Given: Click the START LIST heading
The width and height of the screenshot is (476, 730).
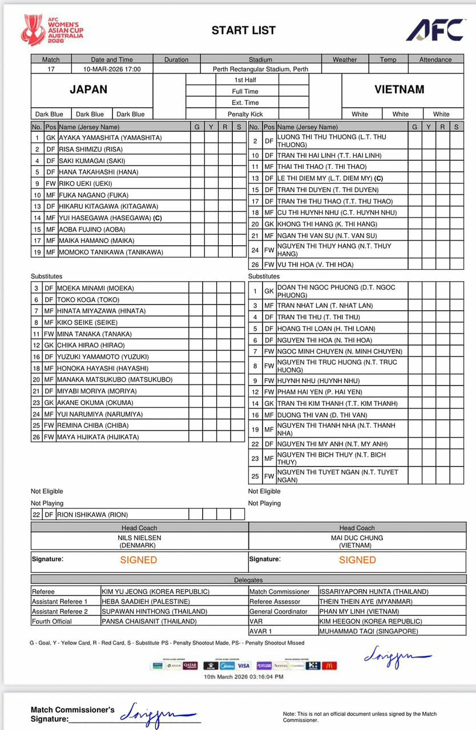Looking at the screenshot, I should tap(243, 31).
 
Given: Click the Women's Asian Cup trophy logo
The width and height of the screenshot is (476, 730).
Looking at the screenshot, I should tap(33, 30).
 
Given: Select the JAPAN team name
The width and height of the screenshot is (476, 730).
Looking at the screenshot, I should tap(88, 90).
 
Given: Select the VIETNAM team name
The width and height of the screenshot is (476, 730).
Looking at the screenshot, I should tap(400, 90).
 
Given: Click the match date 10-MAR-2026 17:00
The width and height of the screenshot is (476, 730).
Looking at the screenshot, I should tap(112, 69).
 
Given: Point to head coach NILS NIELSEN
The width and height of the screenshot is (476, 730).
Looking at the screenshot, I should tap(139, 538).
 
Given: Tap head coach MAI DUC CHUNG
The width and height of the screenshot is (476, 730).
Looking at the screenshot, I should tap(357, 538).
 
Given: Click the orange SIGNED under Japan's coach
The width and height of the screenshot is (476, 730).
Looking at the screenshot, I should tap(139, 560).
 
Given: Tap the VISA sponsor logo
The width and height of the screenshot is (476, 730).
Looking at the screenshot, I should tap(244, 666).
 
